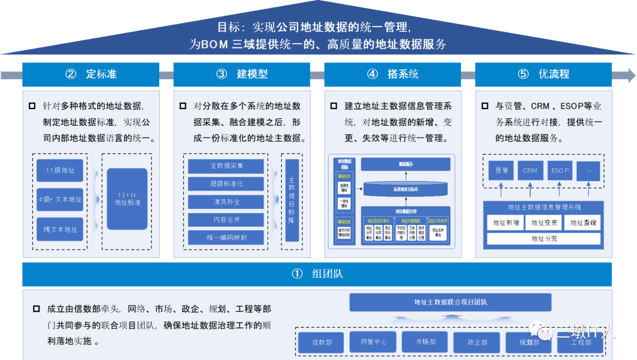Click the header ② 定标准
pos(91,74)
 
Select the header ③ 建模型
pos(242,74)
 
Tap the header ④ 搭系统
pos(392,74)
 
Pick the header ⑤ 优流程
pos(543,74)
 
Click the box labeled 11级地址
pos(60,171)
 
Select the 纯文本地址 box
pos(60,229)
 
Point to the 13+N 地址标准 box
pos(127,199)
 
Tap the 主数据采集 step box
pos(226,166)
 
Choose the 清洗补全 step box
pos(226,202)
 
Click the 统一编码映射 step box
pos(226,237)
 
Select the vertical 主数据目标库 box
pos(292,200)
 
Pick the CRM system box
pos(530,171)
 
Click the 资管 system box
pos(501,171)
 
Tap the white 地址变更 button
pos(544,222)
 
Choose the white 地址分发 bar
pos(544,239)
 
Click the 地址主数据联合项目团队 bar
pos(451,302)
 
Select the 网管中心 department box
pos(373,342)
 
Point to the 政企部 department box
pos(477,342)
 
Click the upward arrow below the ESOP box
pos(560,189)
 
